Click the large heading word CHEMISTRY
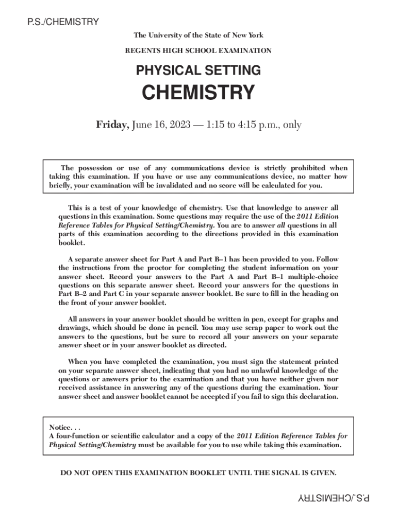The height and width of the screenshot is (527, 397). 198,93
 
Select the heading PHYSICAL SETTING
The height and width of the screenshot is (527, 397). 198,70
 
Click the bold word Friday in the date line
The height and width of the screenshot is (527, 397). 112,125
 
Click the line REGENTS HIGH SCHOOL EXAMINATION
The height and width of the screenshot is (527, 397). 198,51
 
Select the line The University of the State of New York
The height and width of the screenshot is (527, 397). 198,36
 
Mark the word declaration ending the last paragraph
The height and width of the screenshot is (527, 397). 319,397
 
